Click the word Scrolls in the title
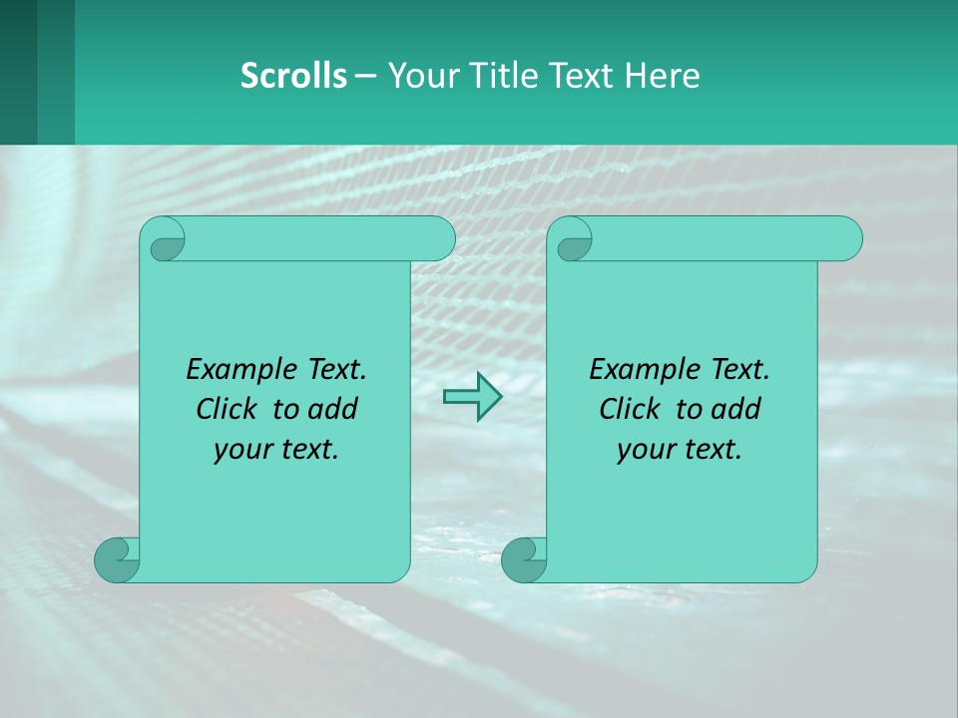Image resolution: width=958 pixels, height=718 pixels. click(x=293, y=76)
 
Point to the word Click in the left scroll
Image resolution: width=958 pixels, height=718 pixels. click(x=229, y=409)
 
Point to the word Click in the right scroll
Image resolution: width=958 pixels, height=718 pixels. click(x=631, y=409)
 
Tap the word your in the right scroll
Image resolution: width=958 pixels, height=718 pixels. click(x=644, y=450)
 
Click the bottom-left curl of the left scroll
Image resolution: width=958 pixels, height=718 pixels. click(x=116, y=559)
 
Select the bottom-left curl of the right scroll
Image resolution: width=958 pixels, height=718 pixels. click(x=523, y=559)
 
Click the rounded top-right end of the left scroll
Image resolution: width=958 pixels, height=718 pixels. click(x=439, y=238)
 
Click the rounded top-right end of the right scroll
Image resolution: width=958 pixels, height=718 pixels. click(x=846, y=238)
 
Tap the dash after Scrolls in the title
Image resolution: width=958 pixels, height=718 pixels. click(x=365, y=76)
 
